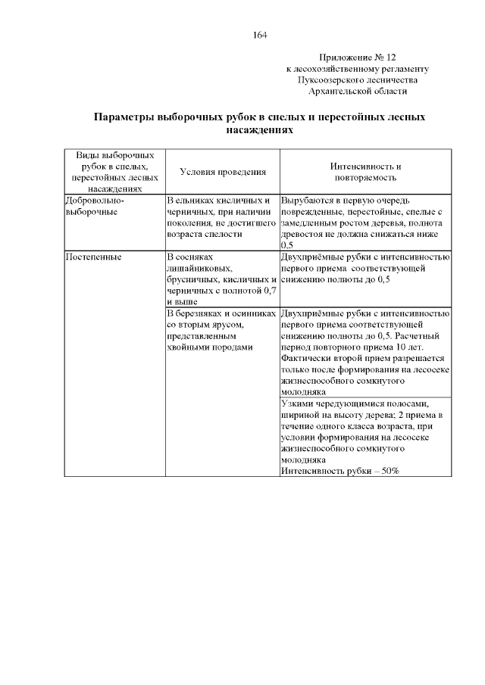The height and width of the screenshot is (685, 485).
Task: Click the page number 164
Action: [259, 35]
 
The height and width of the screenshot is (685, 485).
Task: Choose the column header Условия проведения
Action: [223, 172]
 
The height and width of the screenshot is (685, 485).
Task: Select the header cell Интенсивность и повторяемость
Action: [365, 172]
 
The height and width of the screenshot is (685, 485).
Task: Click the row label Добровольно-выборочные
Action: [95, 207]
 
